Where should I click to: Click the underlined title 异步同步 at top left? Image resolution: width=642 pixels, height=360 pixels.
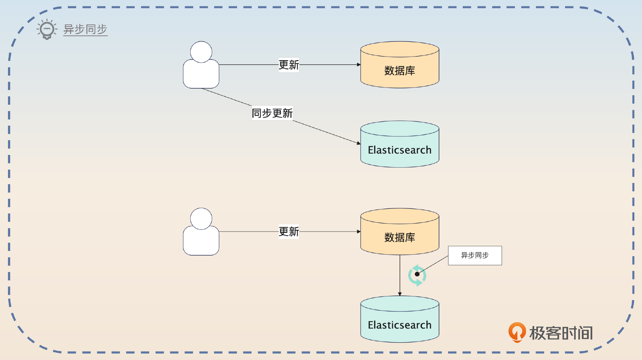(85, 29)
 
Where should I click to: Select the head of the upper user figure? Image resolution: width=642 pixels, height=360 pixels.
(201, 52)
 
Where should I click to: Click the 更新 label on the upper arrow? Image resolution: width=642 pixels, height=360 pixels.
(289, 65)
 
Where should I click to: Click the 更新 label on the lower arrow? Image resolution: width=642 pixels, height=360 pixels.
(289, 232)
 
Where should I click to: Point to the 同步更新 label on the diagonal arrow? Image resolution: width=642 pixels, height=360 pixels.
(272, 113)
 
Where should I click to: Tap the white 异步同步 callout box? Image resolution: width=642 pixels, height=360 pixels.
(475, 256)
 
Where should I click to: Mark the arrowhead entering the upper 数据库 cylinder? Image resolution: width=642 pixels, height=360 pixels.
(359, 65)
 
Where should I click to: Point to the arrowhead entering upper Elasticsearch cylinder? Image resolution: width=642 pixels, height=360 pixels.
(358, 143)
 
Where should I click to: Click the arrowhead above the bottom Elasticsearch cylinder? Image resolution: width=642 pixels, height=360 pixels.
(400, 294)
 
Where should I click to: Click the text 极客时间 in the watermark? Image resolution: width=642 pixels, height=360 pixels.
(561, 333)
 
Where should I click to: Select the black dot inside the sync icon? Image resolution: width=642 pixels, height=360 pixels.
(417, 274)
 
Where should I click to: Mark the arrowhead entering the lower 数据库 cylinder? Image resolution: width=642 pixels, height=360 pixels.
(359, 232)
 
